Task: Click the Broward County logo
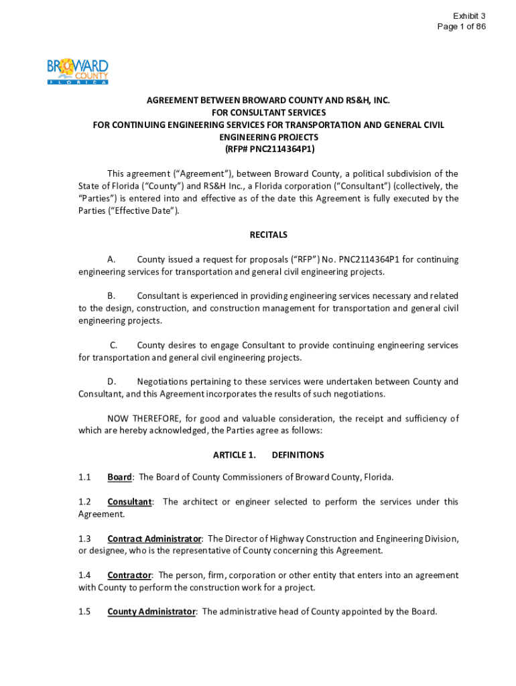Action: pos(77,72)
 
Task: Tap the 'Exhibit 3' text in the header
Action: pos(469,15)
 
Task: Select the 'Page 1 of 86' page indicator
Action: pos(461,27)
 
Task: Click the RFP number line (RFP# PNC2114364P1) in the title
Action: pos(268,149)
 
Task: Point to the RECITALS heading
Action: pos(268,234)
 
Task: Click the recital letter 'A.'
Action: pos(112,259)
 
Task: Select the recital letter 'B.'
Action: pos(112,295)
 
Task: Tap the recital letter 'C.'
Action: pos(114,345)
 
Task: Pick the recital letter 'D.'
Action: pos(113,381)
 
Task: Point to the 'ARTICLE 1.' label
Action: pos(234,455)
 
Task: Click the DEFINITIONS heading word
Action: pos(298,455)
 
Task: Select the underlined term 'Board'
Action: pos(119,477)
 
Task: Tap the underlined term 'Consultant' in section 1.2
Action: pos(129,501)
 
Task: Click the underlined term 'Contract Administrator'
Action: pos(154,538)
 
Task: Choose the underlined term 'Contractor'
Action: pos(129,575)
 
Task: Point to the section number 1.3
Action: pos(84,538)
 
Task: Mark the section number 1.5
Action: pos(84,611)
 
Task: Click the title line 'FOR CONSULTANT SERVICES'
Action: pos(268,113)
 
